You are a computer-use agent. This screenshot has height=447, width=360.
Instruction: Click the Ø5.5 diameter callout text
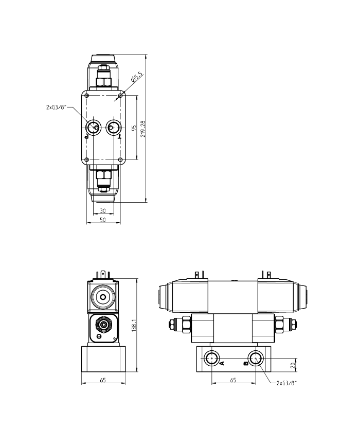(137, 78)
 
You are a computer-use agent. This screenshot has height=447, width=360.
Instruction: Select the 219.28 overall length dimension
(143, 129)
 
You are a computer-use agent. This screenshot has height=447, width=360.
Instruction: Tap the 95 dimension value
(133, 128)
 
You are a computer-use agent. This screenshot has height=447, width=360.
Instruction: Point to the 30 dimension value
(103, 211)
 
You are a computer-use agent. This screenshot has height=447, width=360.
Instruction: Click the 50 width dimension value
(103, 220)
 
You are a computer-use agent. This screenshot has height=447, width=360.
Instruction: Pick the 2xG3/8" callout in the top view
(56, 108)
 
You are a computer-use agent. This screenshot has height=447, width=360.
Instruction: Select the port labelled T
(113, 127)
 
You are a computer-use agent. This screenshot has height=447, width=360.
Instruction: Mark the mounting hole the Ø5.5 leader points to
(121, 95)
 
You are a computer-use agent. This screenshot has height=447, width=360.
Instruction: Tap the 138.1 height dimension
(134, 325)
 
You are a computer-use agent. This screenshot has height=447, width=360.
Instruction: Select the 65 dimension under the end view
(103, 380)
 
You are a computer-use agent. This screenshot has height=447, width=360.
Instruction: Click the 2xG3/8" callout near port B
(286, 383)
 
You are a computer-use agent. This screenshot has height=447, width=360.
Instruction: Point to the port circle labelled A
(211, 358)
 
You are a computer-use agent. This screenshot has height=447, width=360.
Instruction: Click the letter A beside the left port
(221, 363)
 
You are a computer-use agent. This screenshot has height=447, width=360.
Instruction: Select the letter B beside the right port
(245, 363)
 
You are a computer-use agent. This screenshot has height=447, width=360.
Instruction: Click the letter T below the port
(120, 137)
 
